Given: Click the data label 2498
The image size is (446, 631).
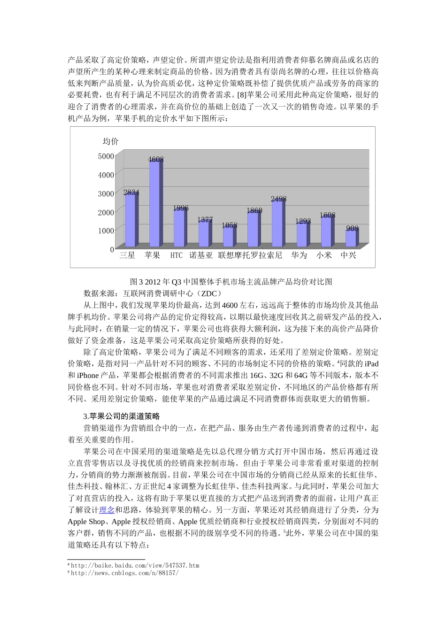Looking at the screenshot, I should pyautogui.click(x=278, y=199).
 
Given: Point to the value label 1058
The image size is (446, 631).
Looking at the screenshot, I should pyautogui.click(x=230, y=225).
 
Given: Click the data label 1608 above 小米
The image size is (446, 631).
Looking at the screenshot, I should pyautogui.click(x=327, y=215).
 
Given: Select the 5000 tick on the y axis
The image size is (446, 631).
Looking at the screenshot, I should pyautogui.click(x=106, y=156).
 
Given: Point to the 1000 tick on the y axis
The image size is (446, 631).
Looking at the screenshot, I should pyautogui.click(x=106, y=231).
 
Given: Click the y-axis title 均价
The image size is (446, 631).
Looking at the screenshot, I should pyautogui.click(x=111, y=141).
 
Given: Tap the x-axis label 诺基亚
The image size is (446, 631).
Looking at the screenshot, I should pyautogui.click(x=201, y=255).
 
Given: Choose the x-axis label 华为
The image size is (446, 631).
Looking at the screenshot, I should pyautogui.click(x=299, y=255).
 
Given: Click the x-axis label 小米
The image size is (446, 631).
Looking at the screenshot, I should pyautogui.click(x=324, y=255).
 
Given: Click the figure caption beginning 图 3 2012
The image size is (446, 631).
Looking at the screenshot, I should pyautogui.click(x=231, y=282).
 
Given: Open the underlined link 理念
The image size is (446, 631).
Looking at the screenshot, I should pyautogui.click(x=107, y=510).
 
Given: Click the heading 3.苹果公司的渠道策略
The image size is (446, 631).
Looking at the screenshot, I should pyautogui.click(x=122, y=416).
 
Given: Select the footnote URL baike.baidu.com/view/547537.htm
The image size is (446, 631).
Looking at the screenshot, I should pyautogui.click(x=135, y=566).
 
